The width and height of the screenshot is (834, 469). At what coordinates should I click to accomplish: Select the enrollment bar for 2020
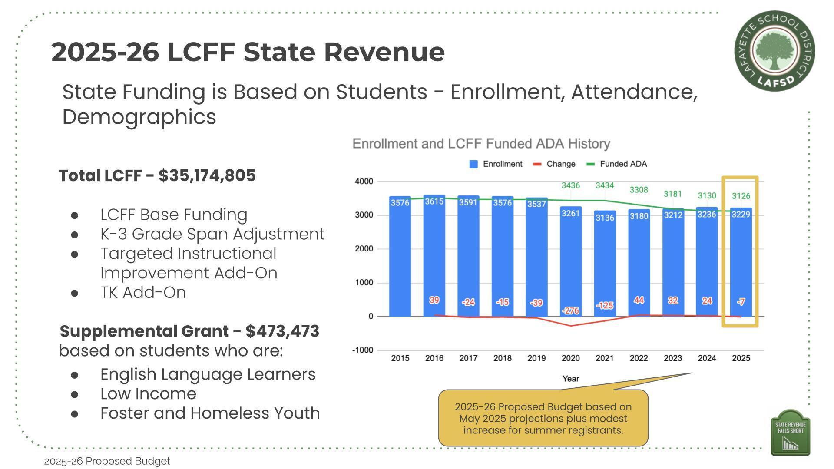[570, 261]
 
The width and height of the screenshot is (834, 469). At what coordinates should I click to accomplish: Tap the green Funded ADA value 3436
[570, 185]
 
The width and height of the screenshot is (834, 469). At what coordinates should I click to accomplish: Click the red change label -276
[570, 310]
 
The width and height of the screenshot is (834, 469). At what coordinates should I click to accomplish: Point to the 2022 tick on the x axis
[639, 358]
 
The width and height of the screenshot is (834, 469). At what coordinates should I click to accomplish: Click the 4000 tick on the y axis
[364, 182]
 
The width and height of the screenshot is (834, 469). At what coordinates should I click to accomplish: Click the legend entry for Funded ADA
[623, 164]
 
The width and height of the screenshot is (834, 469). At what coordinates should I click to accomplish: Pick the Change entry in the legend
[560, 164]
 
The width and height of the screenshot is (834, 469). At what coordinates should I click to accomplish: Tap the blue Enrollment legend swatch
[473, 164]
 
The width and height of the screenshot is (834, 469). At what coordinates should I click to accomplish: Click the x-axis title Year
[570, 379]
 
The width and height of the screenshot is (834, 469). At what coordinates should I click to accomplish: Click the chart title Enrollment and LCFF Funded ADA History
[481, 144]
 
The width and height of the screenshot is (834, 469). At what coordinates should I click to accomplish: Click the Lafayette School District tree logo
[774, 51]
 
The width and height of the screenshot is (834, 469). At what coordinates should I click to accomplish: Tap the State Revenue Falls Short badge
[790, 433]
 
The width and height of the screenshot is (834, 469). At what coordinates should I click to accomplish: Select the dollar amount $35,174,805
[207, 176]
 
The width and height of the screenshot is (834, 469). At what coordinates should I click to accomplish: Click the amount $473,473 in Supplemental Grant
[282, 331]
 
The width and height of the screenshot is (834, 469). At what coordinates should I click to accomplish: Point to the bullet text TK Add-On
[143, 293]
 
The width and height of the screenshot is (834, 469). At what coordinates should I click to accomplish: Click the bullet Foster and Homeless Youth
[210, 413]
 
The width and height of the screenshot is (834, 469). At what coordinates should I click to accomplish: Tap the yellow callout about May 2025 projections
[543, 418]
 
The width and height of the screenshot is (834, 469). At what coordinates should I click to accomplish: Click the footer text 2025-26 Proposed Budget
[107, 461]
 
